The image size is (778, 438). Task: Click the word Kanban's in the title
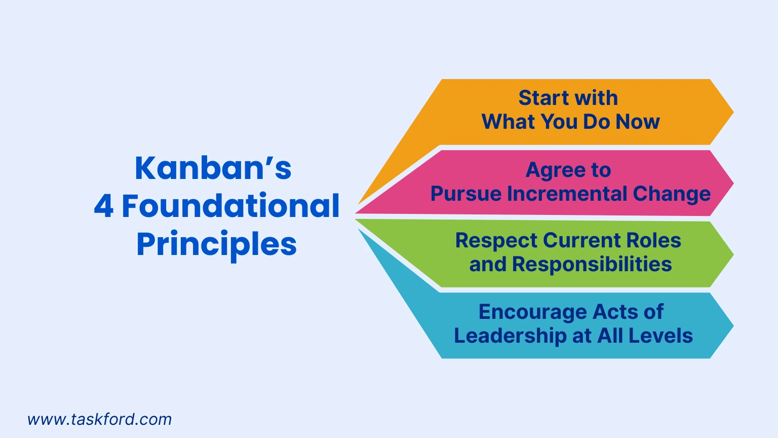(213, 168)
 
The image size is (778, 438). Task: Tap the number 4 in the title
(103, 206)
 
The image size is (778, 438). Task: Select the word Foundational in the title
(230, 206)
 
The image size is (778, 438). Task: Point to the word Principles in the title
(216, 244)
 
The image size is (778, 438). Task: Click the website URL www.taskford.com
(99, 419)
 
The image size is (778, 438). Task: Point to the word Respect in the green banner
(496, 241)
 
